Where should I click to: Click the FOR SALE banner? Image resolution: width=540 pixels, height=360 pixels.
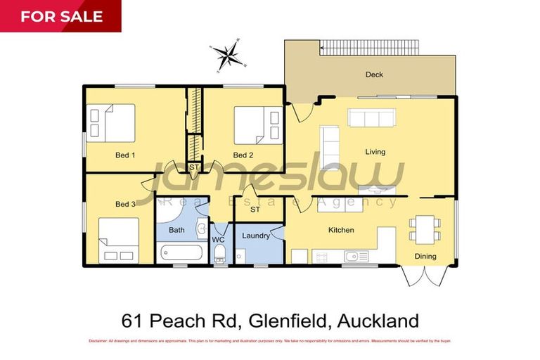tap(60, 16)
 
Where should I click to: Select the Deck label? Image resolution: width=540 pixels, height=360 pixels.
tap(374, 75)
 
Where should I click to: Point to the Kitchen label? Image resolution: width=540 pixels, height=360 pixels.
tap(341, 230)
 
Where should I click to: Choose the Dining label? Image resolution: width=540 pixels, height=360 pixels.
tap(425, 256)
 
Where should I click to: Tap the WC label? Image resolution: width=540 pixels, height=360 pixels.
tap(219, 240)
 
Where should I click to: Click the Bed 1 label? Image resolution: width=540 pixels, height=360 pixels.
tap(124, 155)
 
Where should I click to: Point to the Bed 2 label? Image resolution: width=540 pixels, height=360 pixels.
tap(243, 155)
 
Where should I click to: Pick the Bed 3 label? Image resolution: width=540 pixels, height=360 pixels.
tap(124, 204)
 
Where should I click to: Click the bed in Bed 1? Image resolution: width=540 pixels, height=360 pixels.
tap(110, 122)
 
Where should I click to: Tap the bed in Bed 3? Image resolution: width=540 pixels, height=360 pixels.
tap(118, 240)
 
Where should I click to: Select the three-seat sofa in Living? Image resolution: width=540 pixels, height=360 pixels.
tap(373, 117)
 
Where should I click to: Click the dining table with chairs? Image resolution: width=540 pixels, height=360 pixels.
tap(425, 226)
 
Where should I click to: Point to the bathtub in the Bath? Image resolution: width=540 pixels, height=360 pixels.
tap(180, 252)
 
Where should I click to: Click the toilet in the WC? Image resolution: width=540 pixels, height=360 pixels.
tap(219, 253)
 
